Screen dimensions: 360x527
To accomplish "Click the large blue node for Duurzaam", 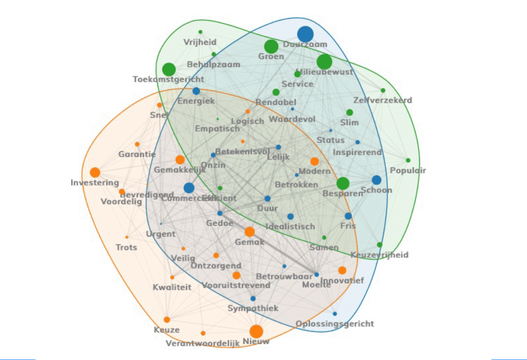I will click(x=305, y=34).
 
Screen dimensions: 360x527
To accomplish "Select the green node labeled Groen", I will click(x=271, y=46).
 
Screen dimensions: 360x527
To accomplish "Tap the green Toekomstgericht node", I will click(x=169, y=69).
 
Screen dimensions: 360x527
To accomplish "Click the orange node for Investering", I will click(x=95, y=172).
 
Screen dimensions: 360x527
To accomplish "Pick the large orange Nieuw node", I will click(x=256, y=331).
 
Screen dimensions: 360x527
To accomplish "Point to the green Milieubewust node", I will click(x=325, y=62).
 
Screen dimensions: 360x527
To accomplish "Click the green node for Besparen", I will click(x=343, y=183).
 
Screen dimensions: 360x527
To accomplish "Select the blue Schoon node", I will click(x=376, y=180).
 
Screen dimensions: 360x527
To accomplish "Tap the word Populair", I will click(x=408, y=170).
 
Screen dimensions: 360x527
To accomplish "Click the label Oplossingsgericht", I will click(x=335, y=323).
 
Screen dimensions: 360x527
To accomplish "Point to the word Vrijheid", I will click(x=200, y=42).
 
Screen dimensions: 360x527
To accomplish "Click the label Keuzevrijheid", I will click(x=379, y=255).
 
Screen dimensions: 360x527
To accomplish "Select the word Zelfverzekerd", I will click(x=383, y=100).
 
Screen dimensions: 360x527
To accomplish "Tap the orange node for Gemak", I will click(x=249, y=232).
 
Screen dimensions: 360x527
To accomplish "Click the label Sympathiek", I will click(x=253, y=308).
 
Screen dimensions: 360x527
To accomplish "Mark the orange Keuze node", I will click(x=167, y=319).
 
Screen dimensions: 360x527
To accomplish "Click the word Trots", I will click(x=126, y=247).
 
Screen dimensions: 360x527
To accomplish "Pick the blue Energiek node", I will click(x=196, y=91).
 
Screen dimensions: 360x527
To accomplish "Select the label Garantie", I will click(x=137, y=154).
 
